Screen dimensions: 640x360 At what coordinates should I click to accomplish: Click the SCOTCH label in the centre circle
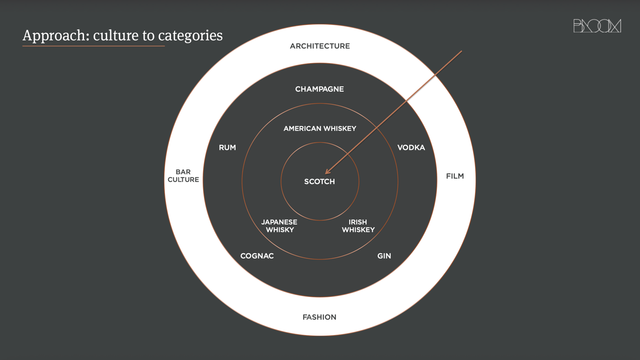click(320, 181)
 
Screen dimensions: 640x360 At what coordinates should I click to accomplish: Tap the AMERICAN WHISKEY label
click(320, 128)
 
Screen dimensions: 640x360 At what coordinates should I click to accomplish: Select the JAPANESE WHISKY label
click(280, 226)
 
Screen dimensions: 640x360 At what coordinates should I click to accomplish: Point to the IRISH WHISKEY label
click(358, 226)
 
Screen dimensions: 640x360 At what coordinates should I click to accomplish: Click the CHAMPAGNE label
click(320, 89)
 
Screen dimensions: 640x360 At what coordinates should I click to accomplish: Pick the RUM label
click(227, 148)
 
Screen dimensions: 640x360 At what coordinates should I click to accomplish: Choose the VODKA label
click(411, 148)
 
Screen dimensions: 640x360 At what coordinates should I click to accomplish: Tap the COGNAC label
click(257, 256)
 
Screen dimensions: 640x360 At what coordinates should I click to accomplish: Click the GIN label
click(384, 256)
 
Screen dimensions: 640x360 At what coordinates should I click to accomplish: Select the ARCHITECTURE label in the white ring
click(320, 46)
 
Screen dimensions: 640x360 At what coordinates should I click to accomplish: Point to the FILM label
click(455, 176)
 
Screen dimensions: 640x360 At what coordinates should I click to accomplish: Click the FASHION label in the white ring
click(320, 317)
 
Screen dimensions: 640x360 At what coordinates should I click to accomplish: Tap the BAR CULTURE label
click(183, 176)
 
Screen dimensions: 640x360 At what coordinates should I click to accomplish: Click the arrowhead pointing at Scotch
click(327, 172)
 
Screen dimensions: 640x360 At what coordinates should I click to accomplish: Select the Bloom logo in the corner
click(597, 26)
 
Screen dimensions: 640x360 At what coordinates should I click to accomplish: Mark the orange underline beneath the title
click(93, 46)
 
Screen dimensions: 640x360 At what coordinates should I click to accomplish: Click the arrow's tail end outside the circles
click(461, 52)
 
